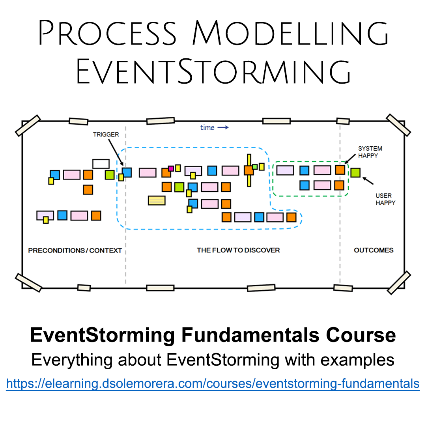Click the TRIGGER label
pyautogui.click(x=106, y=135)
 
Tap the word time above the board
pyautogui.click(x=207, y=127)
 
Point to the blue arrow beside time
pyautogui.click(x=223, y=127)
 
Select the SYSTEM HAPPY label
pyautogui.click(x=370, y=152)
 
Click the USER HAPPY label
pyautogui.click(x=385, y=199)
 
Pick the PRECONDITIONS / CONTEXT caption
pyautogui.click(x=75, y=250)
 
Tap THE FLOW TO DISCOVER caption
pyautogui.click(x=238, y=250)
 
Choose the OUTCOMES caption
pyautogui.click(x=374, y=250)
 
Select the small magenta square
pyautogui.click(x=171, y=168)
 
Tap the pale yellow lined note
pyautogui.click(x=157, y=200)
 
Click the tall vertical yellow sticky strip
pyautogui.click(x=249, y=170)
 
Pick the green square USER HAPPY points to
pyautogui.click(x=355, y=172)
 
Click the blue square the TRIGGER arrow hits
pyautogui.click(x=127, y=172)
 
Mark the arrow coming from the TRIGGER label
pyautogui.click(x=116, y=152)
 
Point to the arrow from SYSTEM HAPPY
pyautogui.click(x=350, y=159)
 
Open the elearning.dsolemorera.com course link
pyautogui.click(x=213, y=384)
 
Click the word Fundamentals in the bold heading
pyautogui.click(x=250, y=335)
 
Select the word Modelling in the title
pyautogui.click(x=290, y=33)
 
